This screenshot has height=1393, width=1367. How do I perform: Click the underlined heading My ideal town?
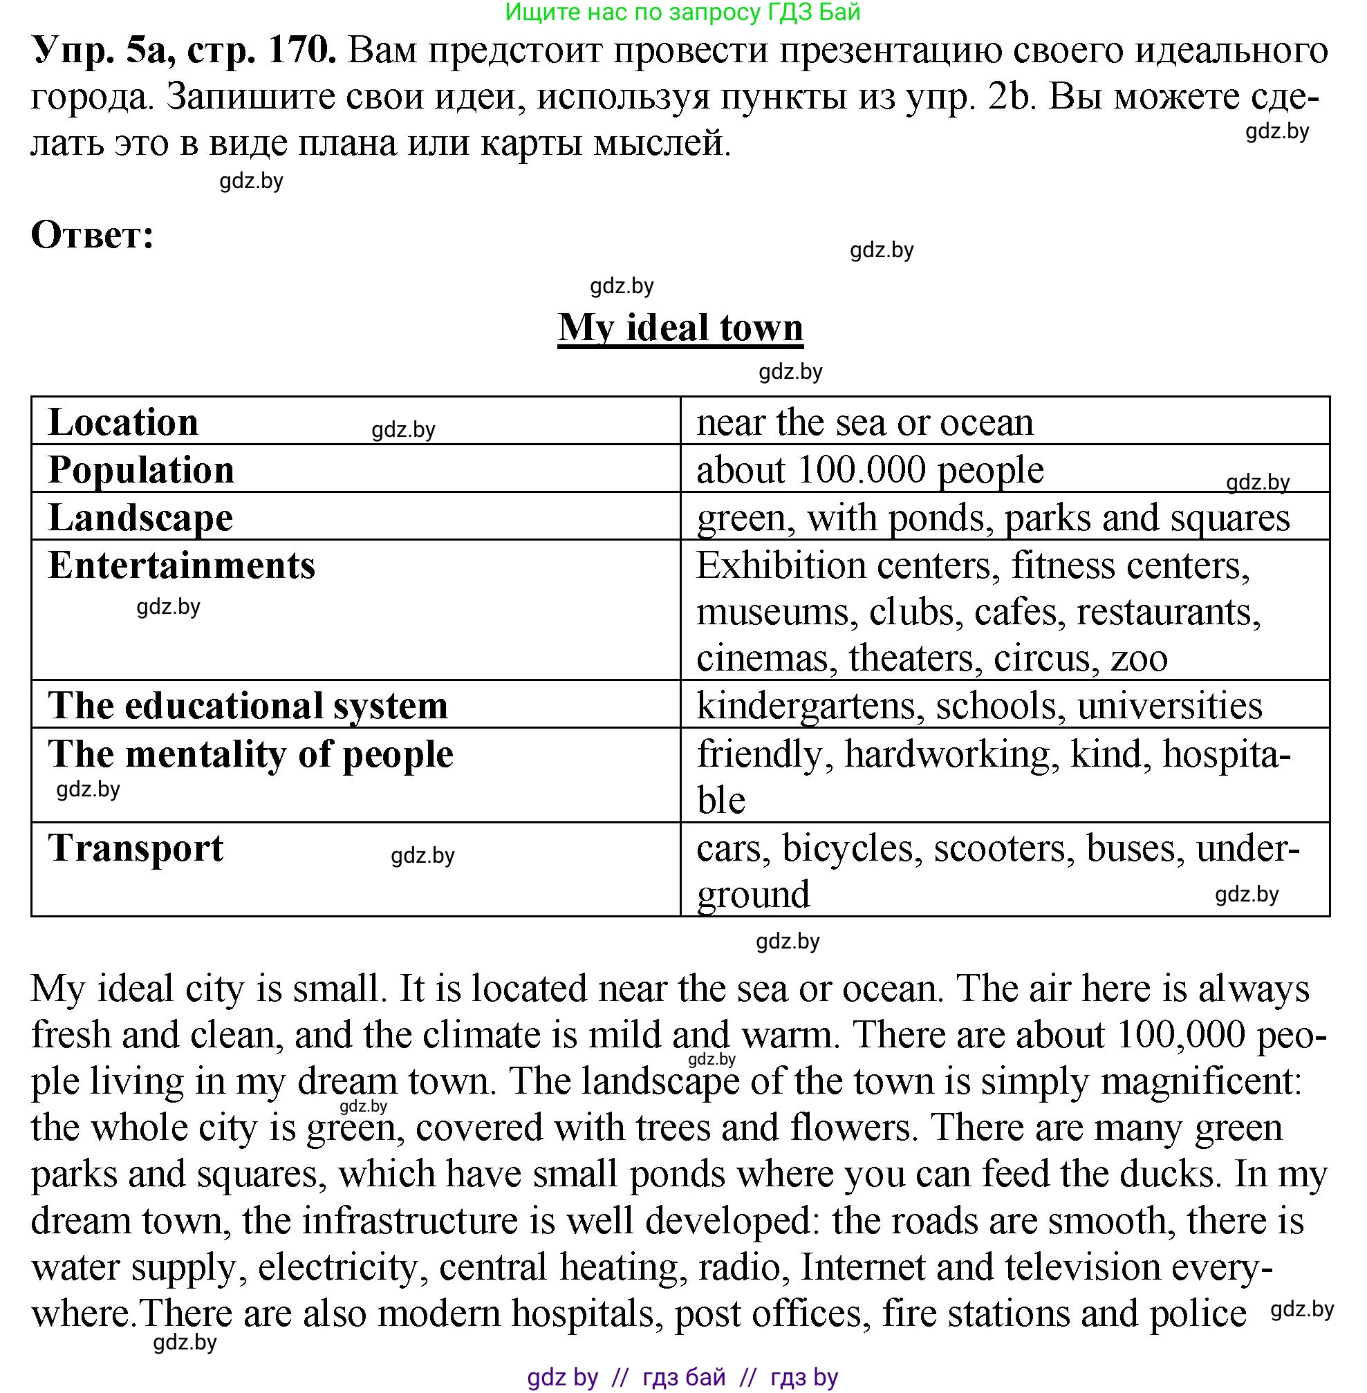tap(680, 328)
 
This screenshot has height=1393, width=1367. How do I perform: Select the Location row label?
tap(123, 422)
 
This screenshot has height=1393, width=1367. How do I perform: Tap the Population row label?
tap(141, 470)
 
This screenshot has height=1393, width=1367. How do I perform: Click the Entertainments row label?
tap(181, 565)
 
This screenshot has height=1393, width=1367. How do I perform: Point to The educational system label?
tap(248, 705)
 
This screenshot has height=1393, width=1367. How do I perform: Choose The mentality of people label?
tap(250, 754)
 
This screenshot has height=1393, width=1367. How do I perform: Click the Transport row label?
tap(136, 848)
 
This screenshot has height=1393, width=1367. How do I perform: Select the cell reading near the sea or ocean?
tap(864, 422)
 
